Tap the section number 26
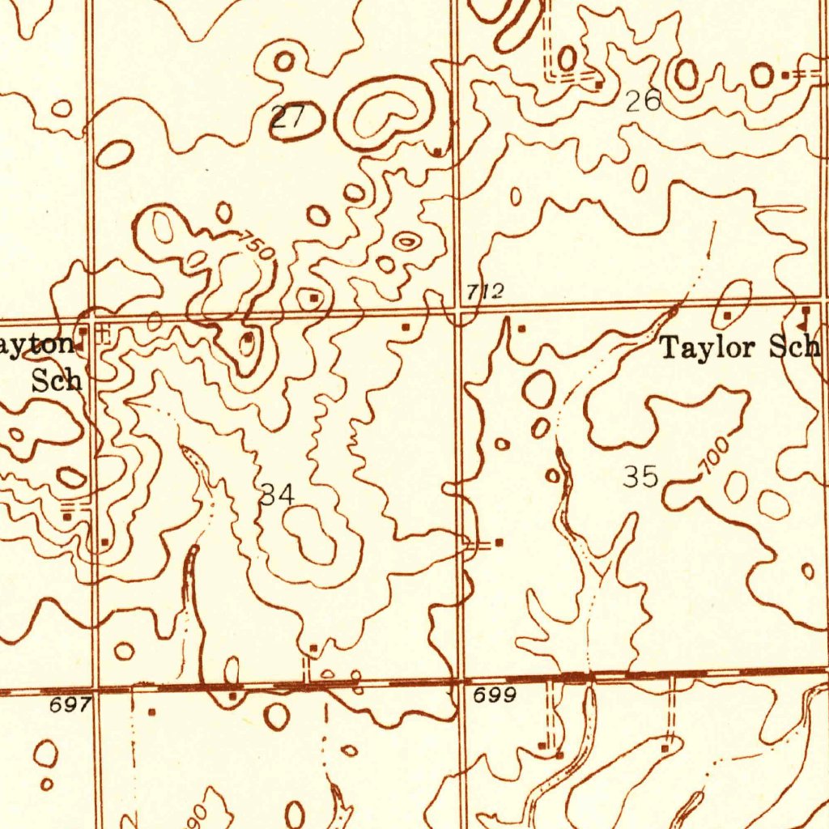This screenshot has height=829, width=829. tap(644, 100)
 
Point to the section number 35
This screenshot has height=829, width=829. tap(640, 477)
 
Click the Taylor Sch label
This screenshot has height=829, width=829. tap(740, 348)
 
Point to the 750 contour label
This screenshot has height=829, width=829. tap(257, 246)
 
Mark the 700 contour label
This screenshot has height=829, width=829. tap(715, 456)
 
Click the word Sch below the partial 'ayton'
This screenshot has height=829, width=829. tap(57, 379)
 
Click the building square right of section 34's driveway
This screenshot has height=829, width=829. tap(499, 542)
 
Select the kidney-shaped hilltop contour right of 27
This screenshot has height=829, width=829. tap(382, 113)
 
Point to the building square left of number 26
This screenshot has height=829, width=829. tap(598, 83)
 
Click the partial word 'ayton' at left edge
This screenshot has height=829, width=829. tap(36, 346)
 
